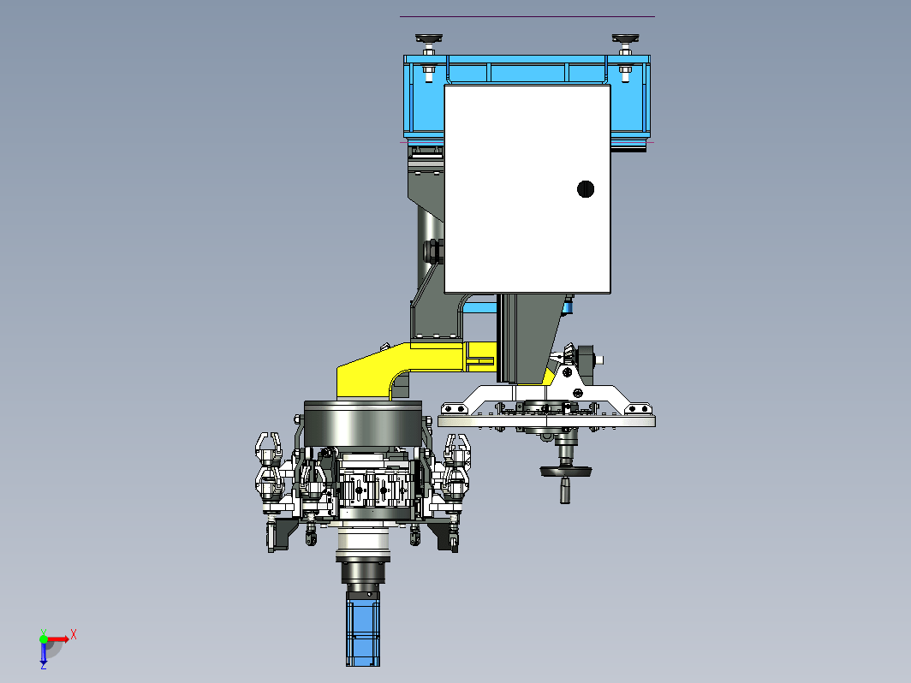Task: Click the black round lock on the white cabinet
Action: coord(586,189)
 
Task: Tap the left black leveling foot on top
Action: coord(429,39)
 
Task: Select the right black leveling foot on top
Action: coord(625,39)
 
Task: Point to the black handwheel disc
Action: coord(566,471)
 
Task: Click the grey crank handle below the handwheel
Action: coord(565,490)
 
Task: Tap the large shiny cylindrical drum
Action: coord(363,424)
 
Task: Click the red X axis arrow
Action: coord(57,639)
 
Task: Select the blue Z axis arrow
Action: coord(44,651)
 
